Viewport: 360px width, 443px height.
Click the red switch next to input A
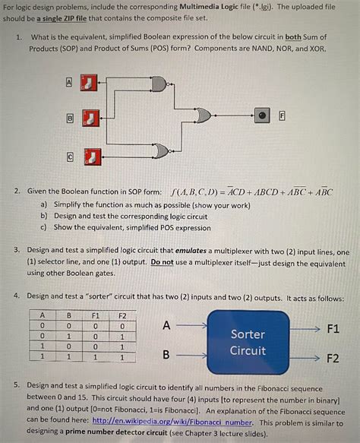90,82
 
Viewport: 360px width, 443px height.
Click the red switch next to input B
90,118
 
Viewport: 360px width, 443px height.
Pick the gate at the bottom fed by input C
160,151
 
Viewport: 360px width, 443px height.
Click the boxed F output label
283,115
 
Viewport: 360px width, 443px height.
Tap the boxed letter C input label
70,157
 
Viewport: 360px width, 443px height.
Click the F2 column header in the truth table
122,315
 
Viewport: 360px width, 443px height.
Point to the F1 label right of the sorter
333,330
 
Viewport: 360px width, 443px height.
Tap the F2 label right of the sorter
333,358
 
